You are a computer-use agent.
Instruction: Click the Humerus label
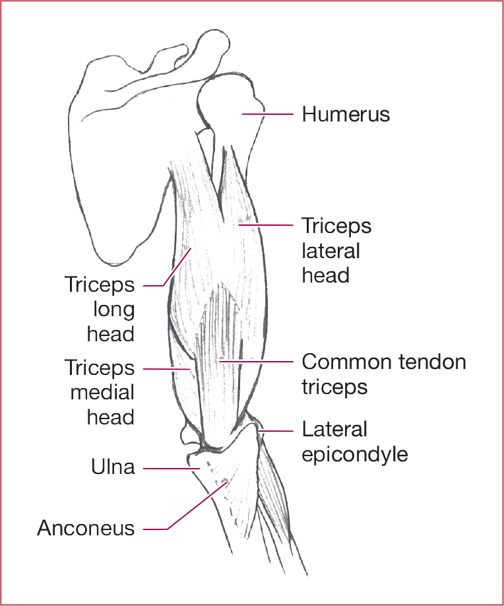346,114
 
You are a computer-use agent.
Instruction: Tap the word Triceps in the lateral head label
336,226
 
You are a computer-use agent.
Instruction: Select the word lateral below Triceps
331,251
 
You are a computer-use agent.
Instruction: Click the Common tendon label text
383,362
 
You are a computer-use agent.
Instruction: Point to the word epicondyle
355,454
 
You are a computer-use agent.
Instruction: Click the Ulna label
113,467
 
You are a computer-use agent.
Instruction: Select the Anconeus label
86,528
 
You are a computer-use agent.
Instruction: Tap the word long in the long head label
113,309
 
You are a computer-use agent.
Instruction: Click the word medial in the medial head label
102,393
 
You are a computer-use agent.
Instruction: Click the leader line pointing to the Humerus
267,114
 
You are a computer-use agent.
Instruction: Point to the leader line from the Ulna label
172,469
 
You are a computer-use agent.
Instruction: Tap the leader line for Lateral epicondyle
277,431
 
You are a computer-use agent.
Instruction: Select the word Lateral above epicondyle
334,429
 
